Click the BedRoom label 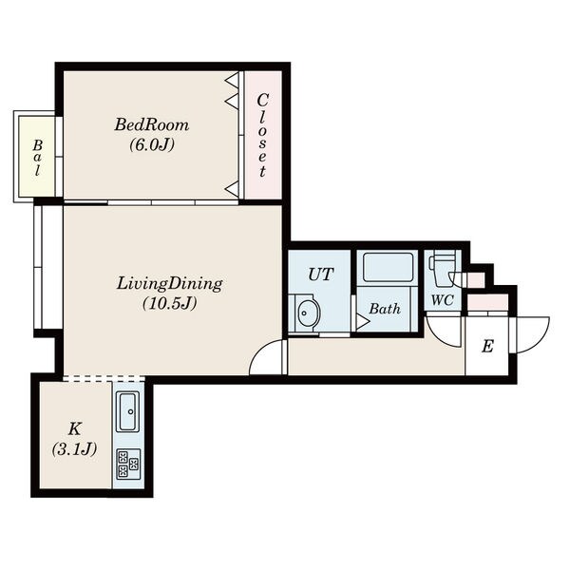[152, 124]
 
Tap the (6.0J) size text [152, 145]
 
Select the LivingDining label [169, 284]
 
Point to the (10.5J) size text [169, 303]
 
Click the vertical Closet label [262, 135]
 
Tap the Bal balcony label [37, 158]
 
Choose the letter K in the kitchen [74, 429]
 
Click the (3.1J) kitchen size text [74, 449]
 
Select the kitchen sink [127, 411]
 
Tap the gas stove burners [128, 465]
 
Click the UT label [321, 275]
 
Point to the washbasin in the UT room [308, 313]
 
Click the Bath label [385, 309]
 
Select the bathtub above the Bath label [389, 267]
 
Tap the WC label [443, 300]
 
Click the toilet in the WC [443, 268]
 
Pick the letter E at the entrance [487, 347]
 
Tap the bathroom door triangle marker [363, 322]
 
